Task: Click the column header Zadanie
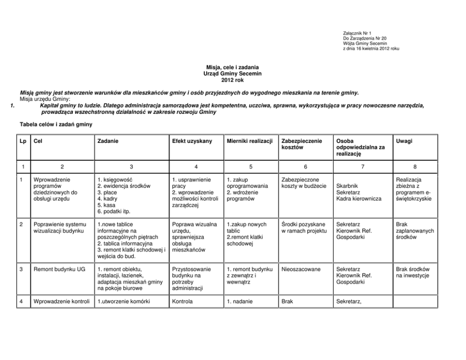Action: pyautogui.click(x=108, y=141)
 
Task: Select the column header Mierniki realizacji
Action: pyautogui.click(x=249, y=141)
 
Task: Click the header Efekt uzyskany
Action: pyautogui.click(x=192, y=141)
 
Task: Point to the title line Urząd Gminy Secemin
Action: pyautogui.click(x=233, y=74)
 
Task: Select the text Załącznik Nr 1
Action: pyautogui.click(x=357, y=33)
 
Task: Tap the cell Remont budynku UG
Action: pyautogui.click(x=59, y=270)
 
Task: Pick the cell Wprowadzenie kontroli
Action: pyautogui.click(x=62, y=301)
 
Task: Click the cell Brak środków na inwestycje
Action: pyautogui.click(x=412, y=273)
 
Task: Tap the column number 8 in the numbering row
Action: pyautogui.click(x=415, y=166)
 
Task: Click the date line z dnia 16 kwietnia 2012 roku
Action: pyautogui.click(x=372, y=48)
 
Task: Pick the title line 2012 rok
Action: pyautogui.click(x=233, y=80)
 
